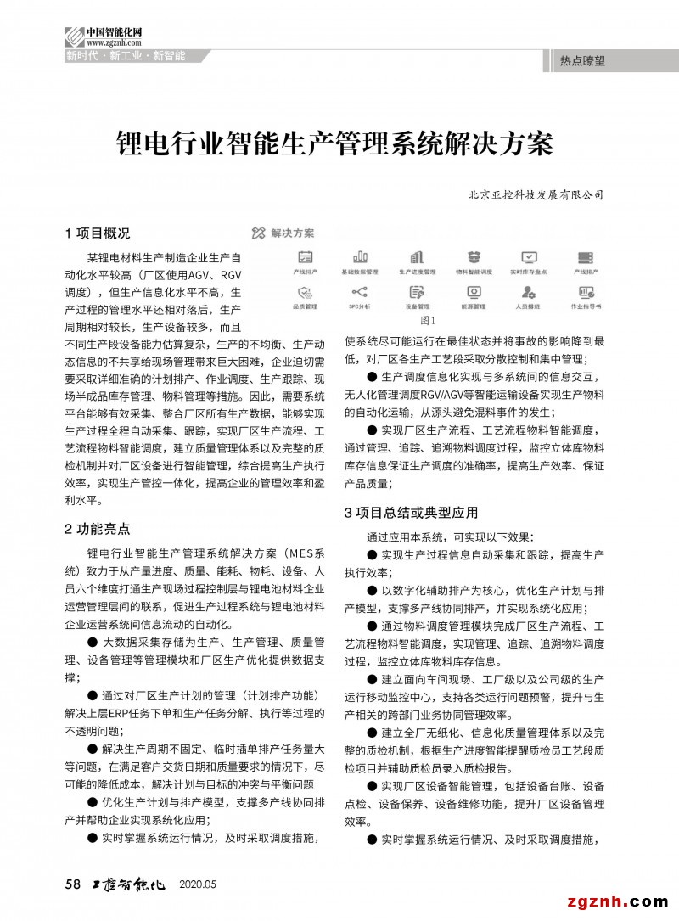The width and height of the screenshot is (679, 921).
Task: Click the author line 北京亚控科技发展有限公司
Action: (536, 194)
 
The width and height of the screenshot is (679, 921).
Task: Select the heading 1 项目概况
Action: (98, 233)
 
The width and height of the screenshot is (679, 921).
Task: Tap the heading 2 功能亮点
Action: (98, 529)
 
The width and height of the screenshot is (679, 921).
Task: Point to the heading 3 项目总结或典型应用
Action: (411, 513)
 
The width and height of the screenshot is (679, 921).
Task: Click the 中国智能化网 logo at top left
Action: (103, 36)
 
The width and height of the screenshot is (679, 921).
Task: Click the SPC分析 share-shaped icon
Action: (360, 291)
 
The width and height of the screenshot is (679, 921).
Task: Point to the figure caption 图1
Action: (427, 321)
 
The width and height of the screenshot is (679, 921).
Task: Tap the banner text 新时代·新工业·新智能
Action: (126, 56)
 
